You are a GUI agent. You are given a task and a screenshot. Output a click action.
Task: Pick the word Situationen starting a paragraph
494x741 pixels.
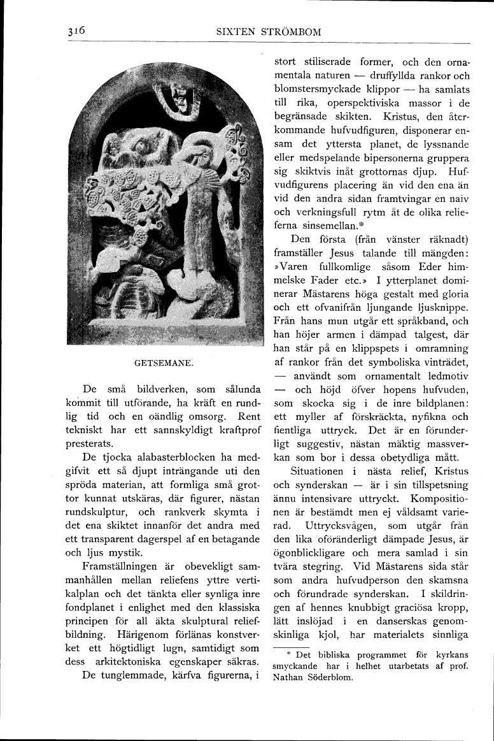point(316,471)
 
